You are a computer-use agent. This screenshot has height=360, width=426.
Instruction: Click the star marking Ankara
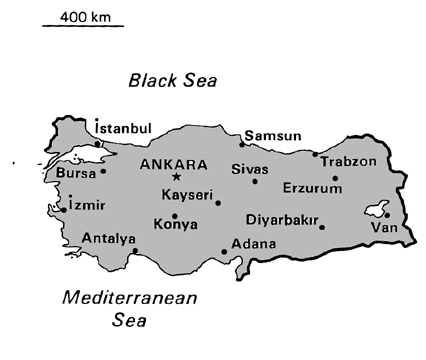176,177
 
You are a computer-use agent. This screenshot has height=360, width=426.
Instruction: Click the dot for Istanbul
97,143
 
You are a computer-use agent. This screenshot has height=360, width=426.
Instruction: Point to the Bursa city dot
103,171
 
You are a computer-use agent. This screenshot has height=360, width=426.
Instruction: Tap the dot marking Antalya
135,250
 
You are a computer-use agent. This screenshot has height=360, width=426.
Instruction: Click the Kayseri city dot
217,203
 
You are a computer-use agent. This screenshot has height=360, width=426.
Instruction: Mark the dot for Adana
224,252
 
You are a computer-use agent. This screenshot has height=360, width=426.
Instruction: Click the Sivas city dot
255,181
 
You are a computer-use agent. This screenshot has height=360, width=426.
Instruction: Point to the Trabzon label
349,160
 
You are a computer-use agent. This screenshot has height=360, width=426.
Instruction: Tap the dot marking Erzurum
335,178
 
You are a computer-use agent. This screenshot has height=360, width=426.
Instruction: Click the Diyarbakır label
282,219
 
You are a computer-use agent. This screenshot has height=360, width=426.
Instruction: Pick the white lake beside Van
378,208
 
